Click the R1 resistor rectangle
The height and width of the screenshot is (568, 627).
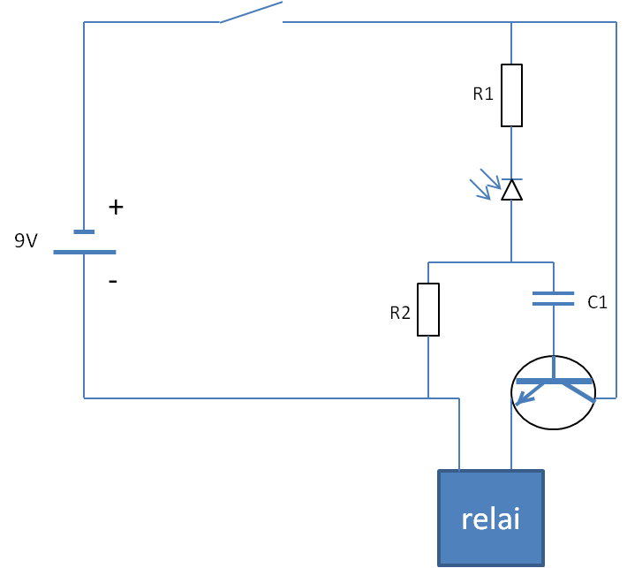[x=511, y=95]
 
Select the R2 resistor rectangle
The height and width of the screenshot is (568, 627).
[x=428, y=309]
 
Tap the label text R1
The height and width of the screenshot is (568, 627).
[x=483, y=94]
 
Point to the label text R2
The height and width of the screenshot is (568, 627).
[x=400, y=313]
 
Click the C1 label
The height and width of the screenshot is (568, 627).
[x=597, y=302]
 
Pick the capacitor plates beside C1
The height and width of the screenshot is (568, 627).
[x=554, y=299]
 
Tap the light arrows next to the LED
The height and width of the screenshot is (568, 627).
[x=485, y=184]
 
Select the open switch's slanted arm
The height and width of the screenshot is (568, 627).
[x=251, y=12]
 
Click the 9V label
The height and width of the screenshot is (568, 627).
[x=26, y=241]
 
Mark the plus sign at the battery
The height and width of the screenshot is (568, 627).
[x=116, y=208]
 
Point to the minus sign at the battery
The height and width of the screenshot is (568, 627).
[x=113, y=282]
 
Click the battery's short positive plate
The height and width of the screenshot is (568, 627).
[x=84, y=231]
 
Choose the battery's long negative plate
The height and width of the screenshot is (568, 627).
[x=85, y=252]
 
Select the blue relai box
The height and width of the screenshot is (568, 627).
[x=491, y=519]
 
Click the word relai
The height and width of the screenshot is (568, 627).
[x=491, y=519]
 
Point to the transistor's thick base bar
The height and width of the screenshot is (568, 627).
[x=554, y=382]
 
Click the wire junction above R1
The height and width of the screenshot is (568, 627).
[x=511, y=22]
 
